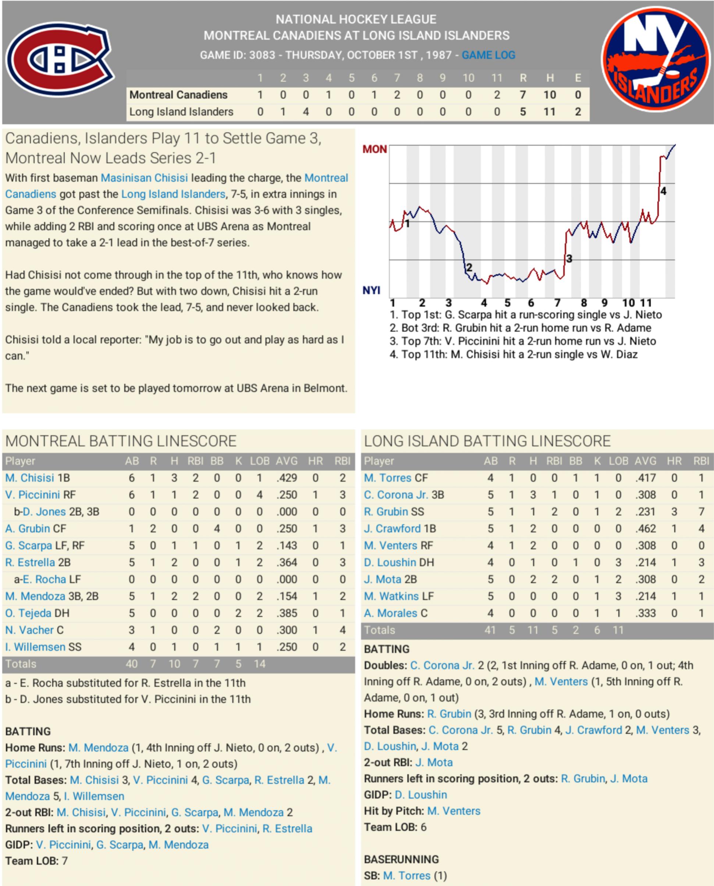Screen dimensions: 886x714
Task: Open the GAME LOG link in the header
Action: [488, 55]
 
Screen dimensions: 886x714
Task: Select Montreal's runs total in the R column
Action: [523, 95]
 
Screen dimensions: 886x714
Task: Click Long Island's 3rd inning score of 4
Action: [306, 112]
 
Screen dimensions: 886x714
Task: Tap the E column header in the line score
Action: [578, 78]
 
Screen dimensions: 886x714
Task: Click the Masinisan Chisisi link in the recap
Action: [144, 178]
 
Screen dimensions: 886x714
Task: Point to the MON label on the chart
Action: [374, 149]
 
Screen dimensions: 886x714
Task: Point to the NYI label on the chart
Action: [371, 290]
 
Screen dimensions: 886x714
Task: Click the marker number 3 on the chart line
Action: [569, 259]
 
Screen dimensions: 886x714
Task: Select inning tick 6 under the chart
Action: [531, 303]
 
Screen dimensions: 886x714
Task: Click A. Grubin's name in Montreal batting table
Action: [28, 529]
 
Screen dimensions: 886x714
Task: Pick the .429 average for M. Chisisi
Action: [287, 478]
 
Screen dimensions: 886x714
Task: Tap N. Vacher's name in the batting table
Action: [29, 630]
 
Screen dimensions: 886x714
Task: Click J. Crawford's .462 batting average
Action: [645, 529]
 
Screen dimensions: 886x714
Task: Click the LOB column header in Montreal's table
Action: [260, 461]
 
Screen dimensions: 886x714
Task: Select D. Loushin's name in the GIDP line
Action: [421, 795]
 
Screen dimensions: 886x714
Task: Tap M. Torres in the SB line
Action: [406, 876]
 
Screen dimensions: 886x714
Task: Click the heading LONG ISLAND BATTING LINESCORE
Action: [487, 441]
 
